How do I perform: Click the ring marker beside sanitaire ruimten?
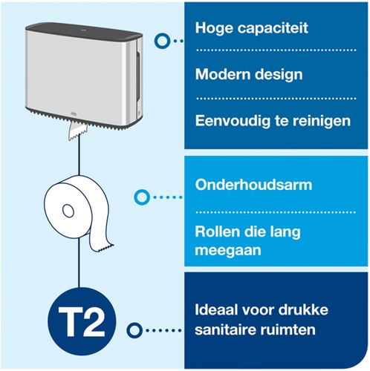click(x=134, y=330)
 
